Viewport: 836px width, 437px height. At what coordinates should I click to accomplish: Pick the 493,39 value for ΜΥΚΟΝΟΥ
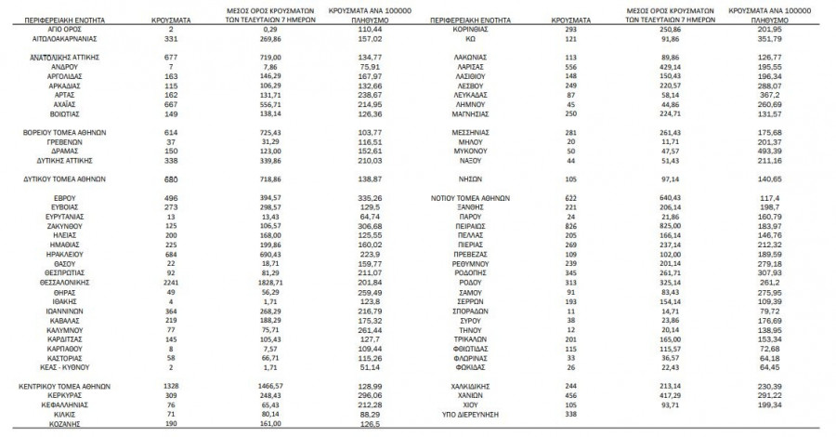pos(778,150)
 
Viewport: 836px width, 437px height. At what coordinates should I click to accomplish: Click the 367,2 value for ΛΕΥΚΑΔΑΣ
pos(778,96)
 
